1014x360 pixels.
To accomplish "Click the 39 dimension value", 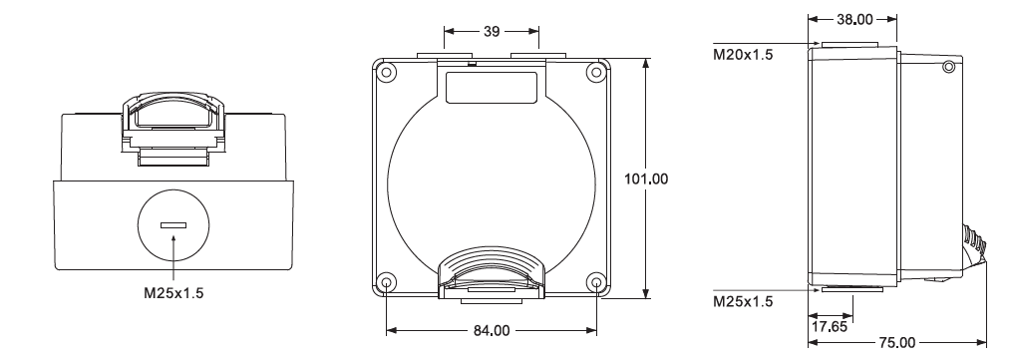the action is [492, 31].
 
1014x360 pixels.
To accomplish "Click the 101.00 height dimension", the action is [646, 179].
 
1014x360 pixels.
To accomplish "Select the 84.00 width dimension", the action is [492, 331].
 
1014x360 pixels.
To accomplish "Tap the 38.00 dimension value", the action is [854, 19].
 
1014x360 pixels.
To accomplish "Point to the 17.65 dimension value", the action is [830, 327].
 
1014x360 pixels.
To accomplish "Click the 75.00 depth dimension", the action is [897, 343].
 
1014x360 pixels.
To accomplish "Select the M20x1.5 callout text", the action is [743, 55].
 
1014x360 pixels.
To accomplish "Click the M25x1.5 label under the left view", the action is [173, 293].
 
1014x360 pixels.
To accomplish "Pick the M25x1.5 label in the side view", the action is [743, 302].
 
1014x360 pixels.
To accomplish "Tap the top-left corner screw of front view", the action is [386, 72].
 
